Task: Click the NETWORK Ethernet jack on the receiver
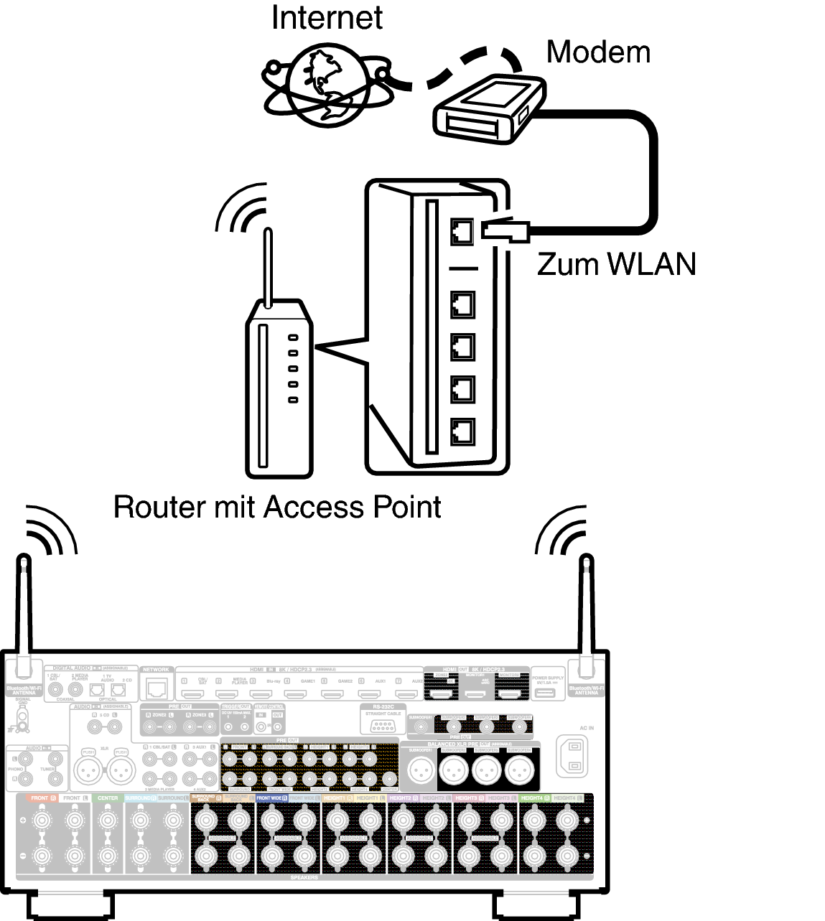coord(156,688)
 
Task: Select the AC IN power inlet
coord(572,755)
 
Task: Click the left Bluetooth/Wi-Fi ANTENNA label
coord(24,690)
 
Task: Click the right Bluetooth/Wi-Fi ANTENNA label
coord(586,690)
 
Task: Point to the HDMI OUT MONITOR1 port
coord(475,694)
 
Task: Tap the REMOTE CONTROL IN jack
coord(261,726)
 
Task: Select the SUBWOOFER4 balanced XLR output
coord(519,771)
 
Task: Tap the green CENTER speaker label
coord(108,798)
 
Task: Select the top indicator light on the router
coord(293,337)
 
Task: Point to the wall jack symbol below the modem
coord(501,230)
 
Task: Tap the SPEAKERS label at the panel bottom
coord(304,877)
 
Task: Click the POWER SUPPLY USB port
coord(548,693)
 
